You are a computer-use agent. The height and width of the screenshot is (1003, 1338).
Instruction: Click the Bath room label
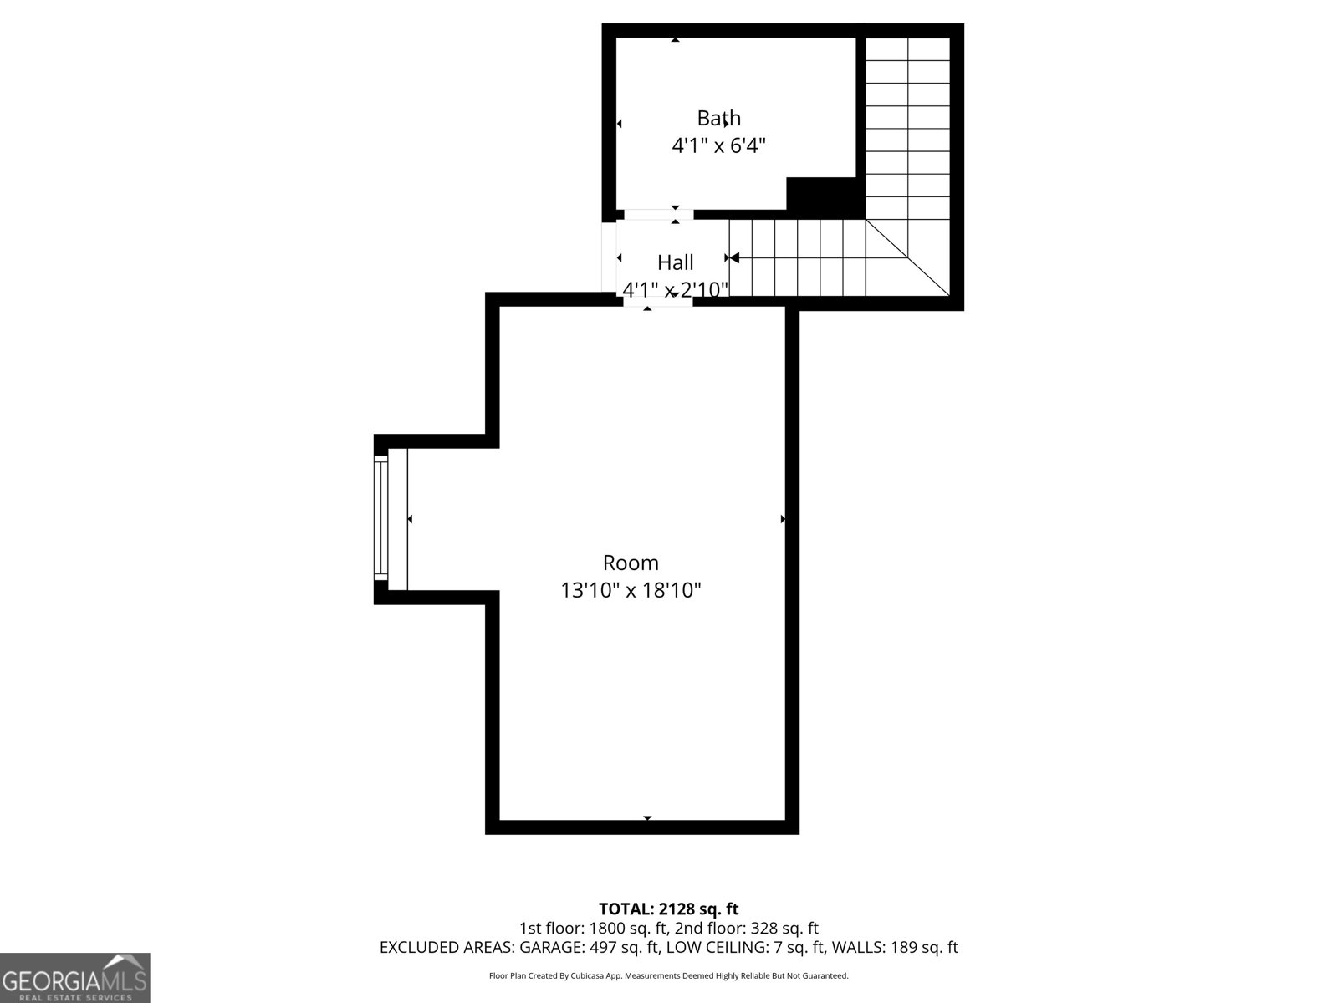point(718,118)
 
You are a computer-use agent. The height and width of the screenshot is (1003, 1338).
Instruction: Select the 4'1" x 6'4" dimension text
point(718,145)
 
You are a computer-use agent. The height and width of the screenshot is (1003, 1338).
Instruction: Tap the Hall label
point(675,262)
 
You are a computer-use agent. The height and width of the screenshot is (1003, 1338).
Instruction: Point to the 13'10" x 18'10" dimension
point(631,590)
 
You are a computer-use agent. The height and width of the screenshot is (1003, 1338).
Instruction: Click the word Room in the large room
point(631,563)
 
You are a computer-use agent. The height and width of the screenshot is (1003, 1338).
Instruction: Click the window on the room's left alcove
point(381,518)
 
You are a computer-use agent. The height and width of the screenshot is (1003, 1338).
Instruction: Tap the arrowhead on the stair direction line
point(734,258)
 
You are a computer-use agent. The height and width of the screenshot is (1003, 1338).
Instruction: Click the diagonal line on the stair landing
point(907,257)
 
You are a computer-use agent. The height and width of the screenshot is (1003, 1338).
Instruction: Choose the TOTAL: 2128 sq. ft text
point(668,909)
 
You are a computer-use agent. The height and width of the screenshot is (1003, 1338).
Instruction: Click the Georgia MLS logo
point(75,978)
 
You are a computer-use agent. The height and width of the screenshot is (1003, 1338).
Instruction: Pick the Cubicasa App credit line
point(669,975)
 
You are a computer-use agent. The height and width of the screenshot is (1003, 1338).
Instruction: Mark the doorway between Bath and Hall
point(658,214)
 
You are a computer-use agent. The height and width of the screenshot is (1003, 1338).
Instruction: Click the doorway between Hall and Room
point(658,299)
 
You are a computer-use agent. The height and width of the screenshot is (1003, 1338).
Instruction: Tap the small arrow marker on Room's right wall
point(783,519)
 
